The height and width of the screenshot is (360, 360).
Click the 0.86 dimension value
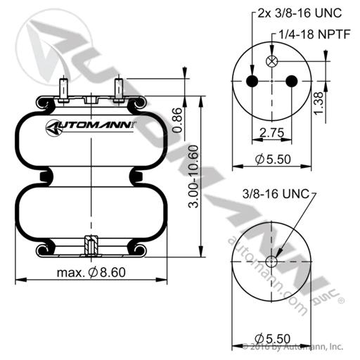click(x=179, y=120)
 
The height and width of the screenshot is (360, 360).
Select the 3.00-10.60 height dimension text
click(x=193, y=176)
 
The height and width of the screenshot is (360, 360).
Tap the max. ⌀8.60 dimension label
click(x=91, y=272)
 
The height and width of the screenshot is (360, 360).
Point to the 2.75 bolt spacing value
click(x=272, y=133)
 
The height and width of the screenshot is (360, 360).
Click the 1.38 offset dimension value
click(x=319, y=103)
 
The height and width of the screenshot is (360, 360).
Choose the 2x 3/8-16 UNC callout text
click(x=300, y=13)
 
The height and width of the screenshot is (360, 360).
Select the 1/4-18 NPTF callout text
click(x=314, y=34)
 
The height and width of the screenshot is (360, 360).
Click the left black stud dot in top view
click(x=252, y=81)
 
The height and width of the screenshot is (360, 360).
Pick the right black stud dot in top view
click(x=292, y=81)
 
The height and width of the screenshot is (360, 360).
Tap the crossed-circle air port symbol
click(x=272, y=61)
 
